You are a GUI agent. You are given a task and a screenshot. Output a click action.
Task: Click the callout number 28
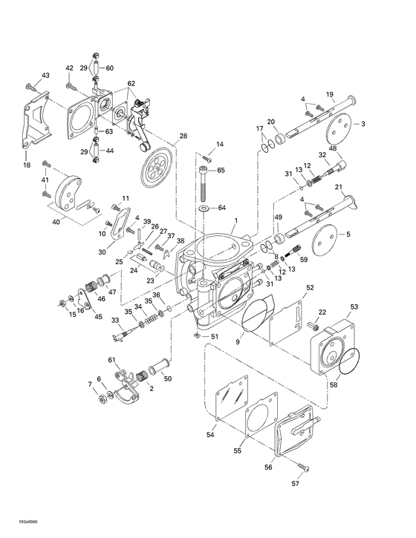pyautogui.click(x=183, y=136)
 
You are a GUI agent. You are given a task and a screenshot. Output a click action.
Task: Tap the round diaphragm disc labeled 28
pyautogui.click(x=155, y=165)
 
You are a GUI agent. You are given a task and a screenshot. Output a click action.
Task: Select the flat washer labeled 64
pyautogui.click(x=204, y=208)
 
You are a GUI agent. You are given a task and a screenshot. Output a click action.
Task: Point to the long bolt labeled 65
pyautogui.click(x=204, y=182)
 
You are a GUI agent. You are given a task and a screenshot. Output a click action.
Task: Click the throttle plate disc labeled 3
pyautogui.click(x=340, y=125)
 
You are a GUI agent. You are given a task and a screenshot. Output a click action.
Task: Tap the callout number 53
pyautogui.click(x=354, y=306)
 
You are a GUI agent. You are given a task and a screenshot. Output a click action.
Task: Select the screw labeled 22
pyautogui.click(x=314, y=324)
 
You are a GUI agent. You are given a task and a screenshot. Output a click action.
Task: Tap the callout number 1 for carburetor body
pyautogui.click(x=235, y=220)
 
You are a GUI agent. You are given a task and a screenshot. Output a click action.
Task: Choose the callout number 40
pyautogui.click(x=56, y=220)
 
